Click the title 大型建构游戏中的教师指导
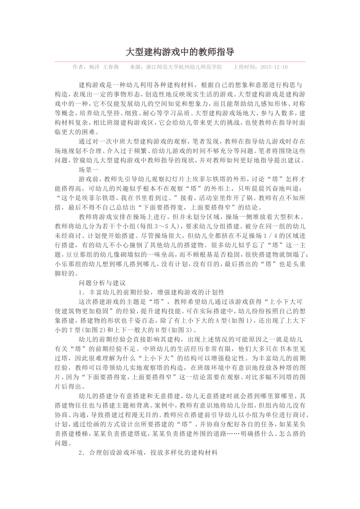click(x=180, y=52)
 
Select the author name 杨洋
click(x=94, y=67)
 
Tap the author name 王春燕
click(x=111, y=67)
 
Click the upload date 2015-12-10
click(x=274, y=67)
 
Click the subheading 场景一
click(x=88, y=170)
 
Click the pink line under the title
click(x=180, y=61)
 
